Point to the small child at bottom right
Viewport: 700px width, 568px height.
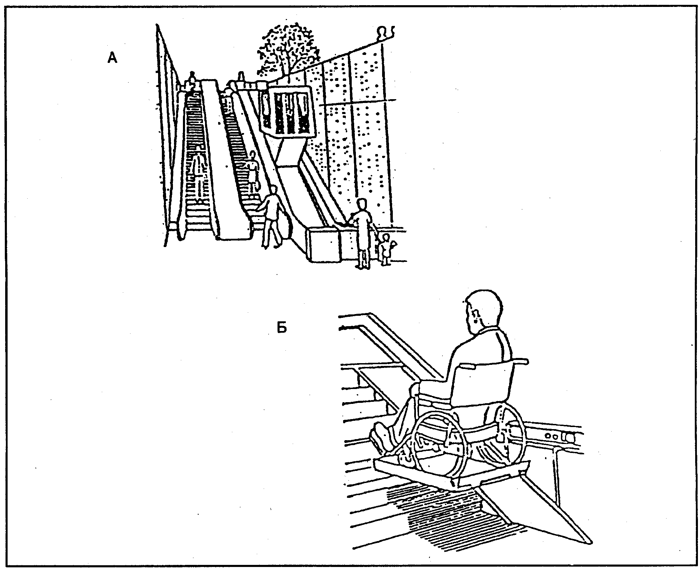coord(386,249)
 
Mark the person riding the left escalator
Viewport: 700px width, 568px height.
coord(198,176)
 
